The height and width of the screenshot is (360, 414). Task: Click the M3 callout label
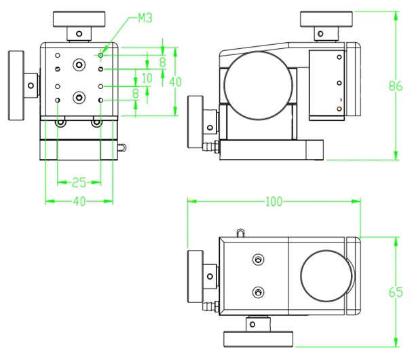coord(145,18)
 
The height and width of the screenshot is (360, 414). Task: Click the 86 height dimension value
coord(396,86)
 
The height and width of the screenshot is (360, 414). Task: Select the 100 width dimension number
coord(274,202)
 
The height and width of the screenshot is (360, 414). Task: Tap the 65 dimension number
coord(396,292)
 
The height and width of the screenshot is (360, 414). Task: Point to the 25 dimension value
coord(79,183)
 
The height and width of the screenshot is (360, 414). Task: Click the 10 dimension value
coord(147,78)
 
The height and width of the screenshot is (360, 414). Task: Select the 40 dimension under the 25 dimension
coord(79,202)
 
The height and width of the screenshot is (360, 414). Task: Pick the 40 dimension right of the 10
coord(175,82)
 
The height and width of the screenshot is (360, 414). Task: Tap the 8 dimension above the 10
coord(163,62)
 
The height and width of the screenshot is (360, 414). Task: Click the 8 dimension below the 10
coord(136,93)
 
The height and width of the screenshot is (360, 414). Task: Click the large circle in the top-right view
coord(259,86)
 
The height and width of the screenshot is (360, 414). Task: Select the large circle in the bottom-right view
coord(326,276)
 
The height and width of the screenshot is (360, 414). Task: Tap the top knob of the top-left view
coord(79,19)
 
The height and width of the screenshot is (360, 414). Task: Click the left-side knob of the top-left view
coord(16,86)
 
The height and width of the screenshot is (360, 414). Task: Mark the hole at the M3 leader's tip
coord(100,55)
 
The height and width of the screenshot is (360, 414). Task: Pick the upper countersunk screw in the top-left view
coord(79,65)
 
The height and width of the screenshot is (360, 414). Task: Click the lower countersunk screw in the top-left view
coord(79,98)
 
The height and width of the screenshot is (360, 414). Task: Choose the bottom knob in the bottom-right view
coord(258,340)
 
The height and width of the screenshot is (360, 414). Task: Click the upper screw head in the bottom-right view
coord(258,259)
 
